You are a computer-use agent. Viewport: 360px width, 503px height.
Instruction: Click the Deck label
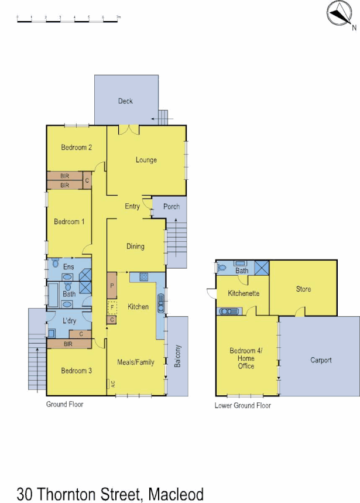coord(125,101)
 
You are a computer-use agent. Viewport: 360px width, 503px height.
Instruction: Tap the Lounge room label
coord(146,160)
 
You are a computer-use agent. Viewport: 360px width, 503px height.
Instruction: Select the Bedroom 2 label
coord(77,148)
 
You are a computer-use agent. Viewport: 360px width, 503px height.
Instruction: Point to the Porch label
coord(172,207)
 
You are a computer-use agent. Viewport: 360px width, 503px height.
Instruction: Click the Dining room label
coord(135,247)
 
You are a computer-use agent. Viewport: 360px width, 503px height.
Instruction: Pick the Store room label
coord(303,289)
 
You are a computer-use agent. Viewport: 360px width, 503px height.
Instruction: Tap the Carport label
coord(321,360)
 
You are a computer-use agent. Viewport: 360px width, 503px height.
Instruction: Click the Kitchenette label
coord(244,293)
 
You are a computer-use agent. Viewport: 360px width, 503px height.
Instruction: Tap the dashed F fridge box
coord(112,306)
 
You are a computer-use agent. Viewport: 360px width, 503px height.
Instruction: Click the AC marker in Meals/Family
coord(109,384)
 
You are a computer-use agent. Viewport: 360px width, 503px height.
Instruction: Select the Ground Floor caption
coord(65,404)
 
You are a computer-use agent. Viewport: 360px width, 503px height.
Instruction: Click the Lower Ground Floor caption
coord(242,405)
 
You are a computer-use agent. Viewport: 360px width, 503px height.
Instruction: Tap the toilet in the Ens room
coord(54,262)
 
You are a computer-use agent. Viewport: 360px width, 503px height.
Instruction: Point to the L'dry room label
coord(70,321)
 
